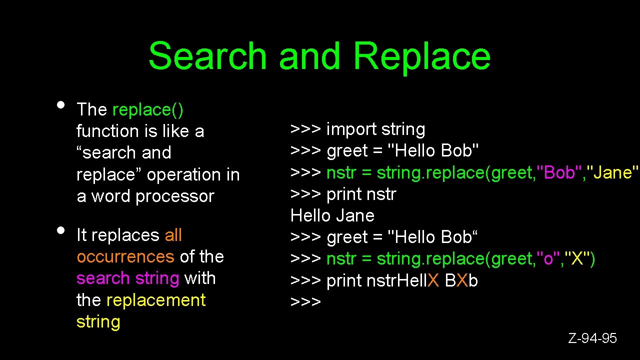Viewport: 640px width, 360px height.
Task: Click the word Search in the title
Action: [x=207, y=55]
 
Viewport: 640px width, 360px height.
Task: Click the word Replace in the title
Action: [x=421, y=55]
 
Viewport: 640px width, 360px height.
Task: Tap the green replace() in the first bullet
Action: [x=148, y=109]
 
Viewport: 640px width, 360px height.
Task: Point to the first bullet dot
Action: [x=60, y=105]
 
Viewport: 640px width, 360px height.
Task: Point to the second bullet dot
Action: [x=60, y=230]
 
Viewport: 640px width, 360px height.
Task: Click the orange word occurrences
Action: [x=125, y=256]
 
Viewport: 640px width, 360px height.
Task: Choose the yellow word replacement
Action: [x=156, y=300]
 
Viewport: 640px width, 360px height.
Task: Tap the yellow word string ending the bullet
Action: [x=98, y=321]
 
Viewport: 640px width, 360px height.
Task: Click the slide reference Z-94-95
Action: [x=592, y=338]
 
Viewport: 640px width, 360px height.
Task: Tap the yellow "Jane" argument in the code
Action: [x=612, y=172]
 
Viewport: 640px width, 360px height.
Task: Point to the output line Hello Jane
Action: [x=332, y=215]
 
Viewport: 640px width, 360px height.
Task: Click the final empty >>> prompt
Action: [x=305, y=302]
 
